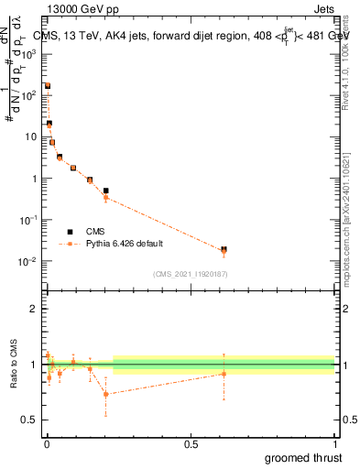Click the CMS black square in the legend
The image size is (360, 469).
tap(69, 232)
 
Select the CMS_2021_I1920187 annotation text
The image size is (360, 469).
tap(190, 274)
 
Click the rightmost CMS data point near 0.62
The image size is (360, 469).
tap(224, 249)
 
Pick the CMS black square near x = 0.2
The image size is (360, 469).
tap(106, 191)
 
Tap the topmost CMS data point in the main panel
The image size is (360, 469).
tap(48, 86)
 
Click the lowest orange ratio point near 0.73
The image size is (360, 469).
tap(106, 394)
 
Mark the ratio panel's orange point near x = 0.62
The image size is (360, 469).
tap(224, 373)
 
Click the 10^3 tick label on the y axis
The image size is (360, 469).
tap(27, 54)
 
